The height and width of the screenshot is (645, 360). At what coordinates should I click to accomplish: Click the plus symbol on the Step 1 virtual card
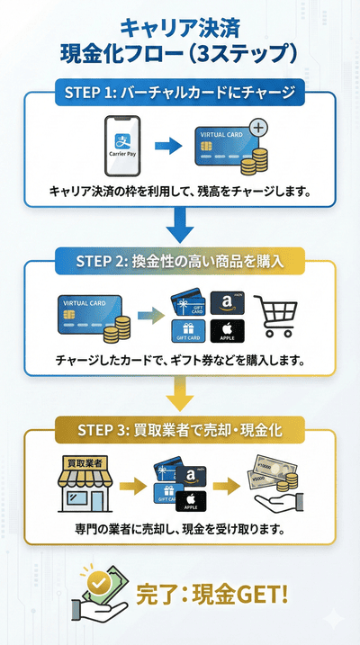click(x=258, y=128)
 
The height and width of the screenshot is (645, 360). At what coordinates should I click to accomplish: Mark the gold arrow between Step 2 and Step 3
click(x=180, y=392)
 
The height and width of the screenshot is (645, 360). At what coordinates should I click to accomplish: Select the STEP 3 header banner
click(x=180, y=429)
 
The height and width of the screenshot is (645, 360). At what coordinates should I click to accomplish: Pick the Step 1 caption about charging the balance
click(x=180, y=191)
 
